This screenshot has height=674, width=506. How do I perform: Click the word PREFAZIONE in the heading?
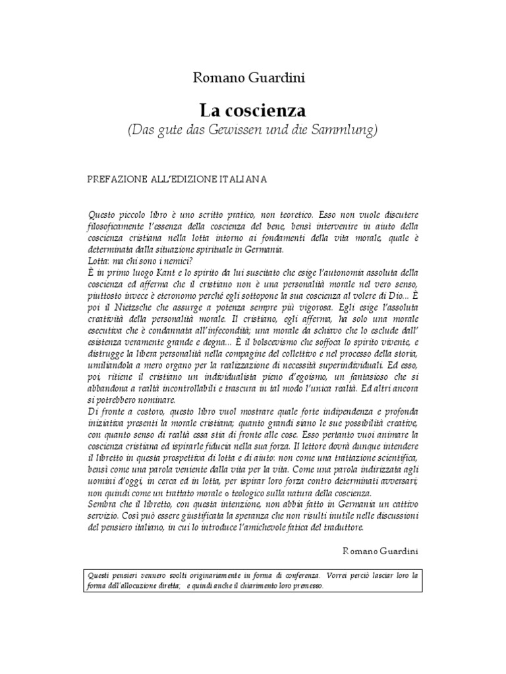(x=115, y=179)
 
